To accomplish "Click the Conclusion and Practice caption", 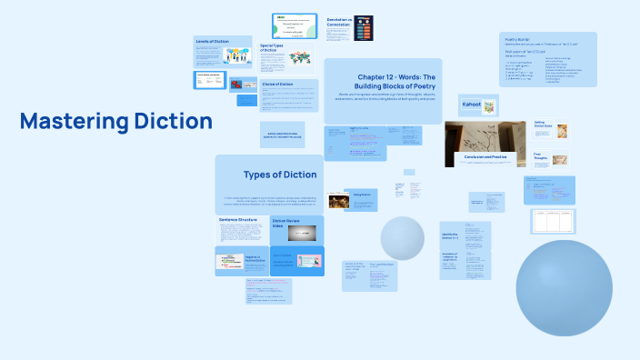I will click(485, 157).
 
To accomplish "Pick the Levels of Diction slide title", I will click(211, 41).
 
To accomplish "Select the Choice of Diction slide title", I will click(278, 85).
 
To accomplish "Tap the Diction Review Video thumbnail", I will click(301, 234).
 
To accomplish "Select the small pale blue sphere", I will click(402, 238).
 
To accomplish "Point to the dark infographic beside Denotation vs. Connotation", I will click(365, 29).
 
